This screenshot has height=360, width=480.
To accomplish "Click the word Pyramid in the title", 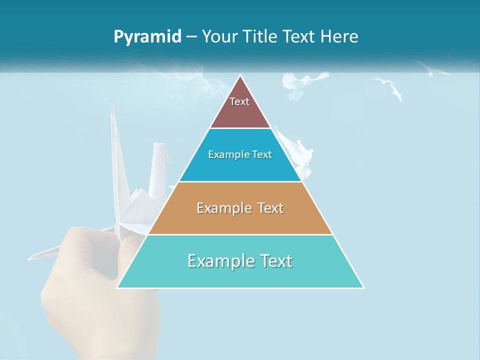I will point(147,37).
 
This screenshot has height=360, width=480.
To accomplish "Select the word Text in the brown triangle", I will point(239,101).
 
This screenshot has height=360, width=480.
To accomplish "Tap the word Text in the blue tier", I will point(262,155).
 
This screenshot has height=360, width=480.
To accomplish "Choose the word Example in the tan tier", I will point(222,208).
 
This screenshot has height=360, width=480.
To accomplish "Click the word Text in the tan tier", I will point(271,208).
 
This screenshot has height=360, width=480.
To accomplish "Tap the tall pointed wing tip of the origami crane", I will point(112,106).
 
